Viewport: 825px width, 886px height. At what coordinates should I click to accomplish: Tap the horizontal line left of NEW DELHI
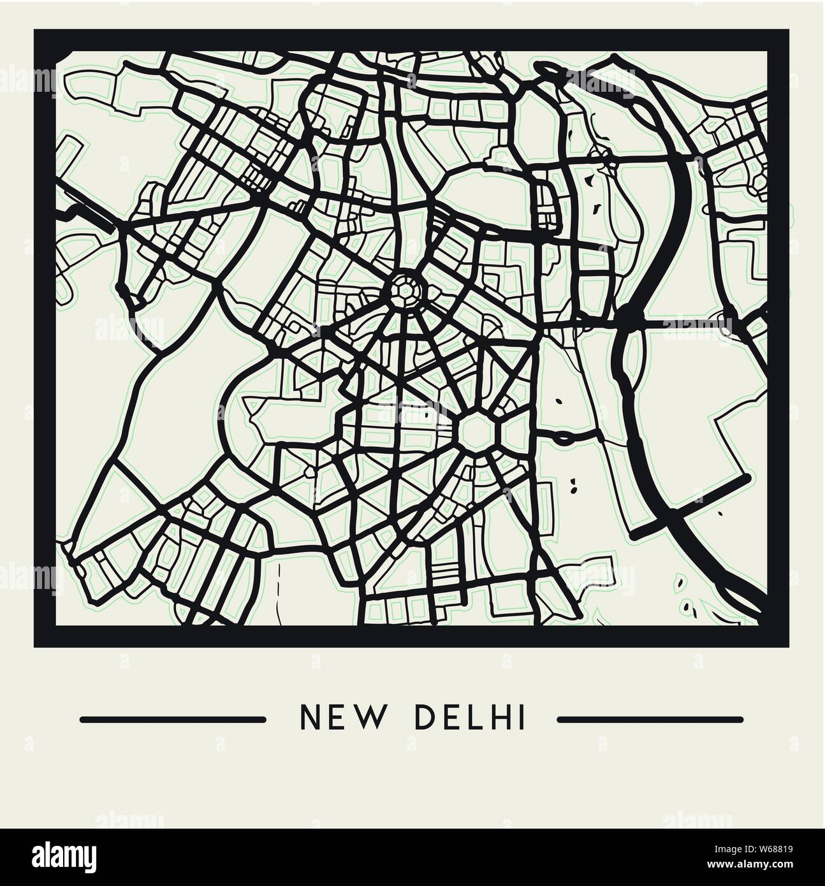click(172, 720)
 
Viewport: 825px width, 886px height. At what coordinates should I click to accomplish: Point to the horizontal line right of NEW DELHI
click(650, 720)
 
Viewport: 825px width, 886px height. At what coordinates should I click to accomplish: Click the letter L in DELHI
click(472, 719)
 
